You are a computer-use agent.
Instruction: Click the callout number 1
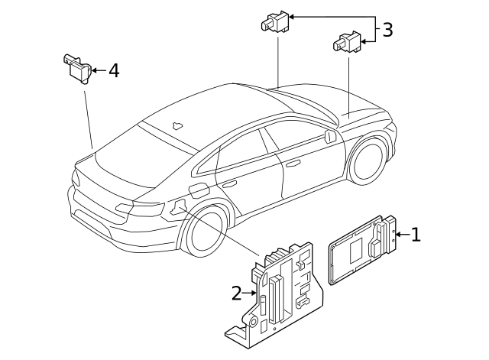416,235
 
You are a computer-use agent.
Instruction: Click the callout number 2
237,292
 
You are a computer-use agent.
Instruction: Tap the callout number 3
388,31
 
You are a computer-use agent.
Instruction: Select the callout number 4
114,71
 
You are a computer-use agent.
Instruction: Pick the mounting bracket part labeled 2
279,290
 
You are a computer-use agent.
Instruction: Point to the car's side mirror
330,137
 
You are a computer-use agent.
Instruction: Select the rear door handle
228,183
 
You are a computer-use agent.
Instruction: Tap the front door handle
293,163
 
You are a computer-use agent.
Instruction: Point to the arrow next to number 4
97,71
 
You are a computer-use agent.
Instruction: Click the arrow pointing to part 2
250,292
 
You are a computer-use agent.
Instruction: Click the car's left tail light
138,209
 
